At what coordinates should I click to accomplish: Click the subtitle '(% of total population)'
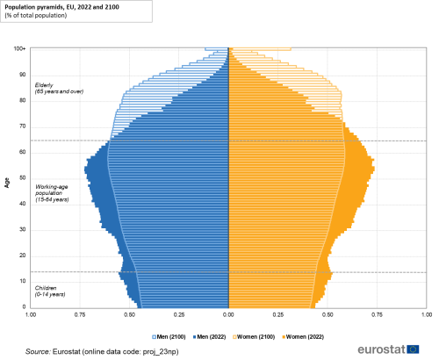point(39,16)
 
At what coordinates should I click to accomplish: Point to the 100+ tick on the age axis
point(18,49)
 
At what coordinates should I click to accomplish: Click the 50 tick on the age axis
point(21,178)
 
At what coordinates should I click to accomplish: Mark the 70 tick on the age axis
point(21,126)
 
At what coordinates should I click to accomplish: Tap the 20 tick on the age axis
point(21,256)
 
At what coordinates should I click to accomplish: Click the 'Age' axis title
point(6,181)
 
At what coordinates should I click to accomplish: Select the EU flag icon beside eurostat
point(414,349)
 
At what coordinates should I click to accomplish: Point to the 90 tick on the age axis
point(21,75)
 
